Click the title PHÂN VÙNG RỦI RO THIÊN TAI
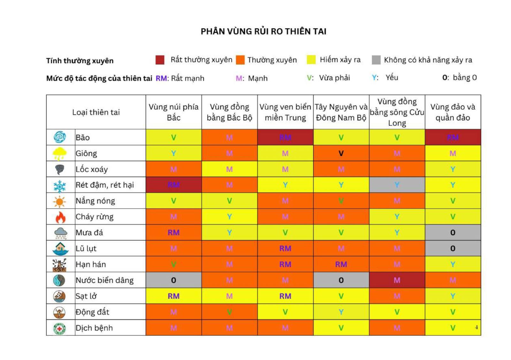263,31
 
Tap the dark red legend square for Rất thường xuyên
160,60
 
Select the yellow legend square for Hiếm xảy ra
311,60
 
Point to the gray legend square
376,60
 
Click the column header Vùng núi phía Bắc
173,112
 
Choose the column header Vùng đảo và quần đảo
453,112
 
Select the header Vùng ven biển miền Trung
285,112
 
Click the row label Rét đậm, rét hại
105,185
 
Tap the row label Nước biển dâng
104,280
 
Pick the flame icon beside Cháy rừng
60,217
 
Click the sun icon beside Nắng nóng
60,201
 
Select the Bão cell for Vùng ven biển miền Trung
285,138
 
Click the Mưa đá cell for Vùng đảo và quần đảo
453,233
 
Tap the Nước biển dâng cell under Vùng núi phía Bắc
173,280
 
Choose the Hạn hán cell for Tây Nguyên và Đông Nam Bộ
341,264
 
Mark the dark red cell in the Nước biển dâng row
397,280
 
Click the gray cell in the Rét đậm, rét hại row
397,185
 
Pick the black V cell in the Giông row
341,154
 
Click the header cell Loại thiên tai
96,112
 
